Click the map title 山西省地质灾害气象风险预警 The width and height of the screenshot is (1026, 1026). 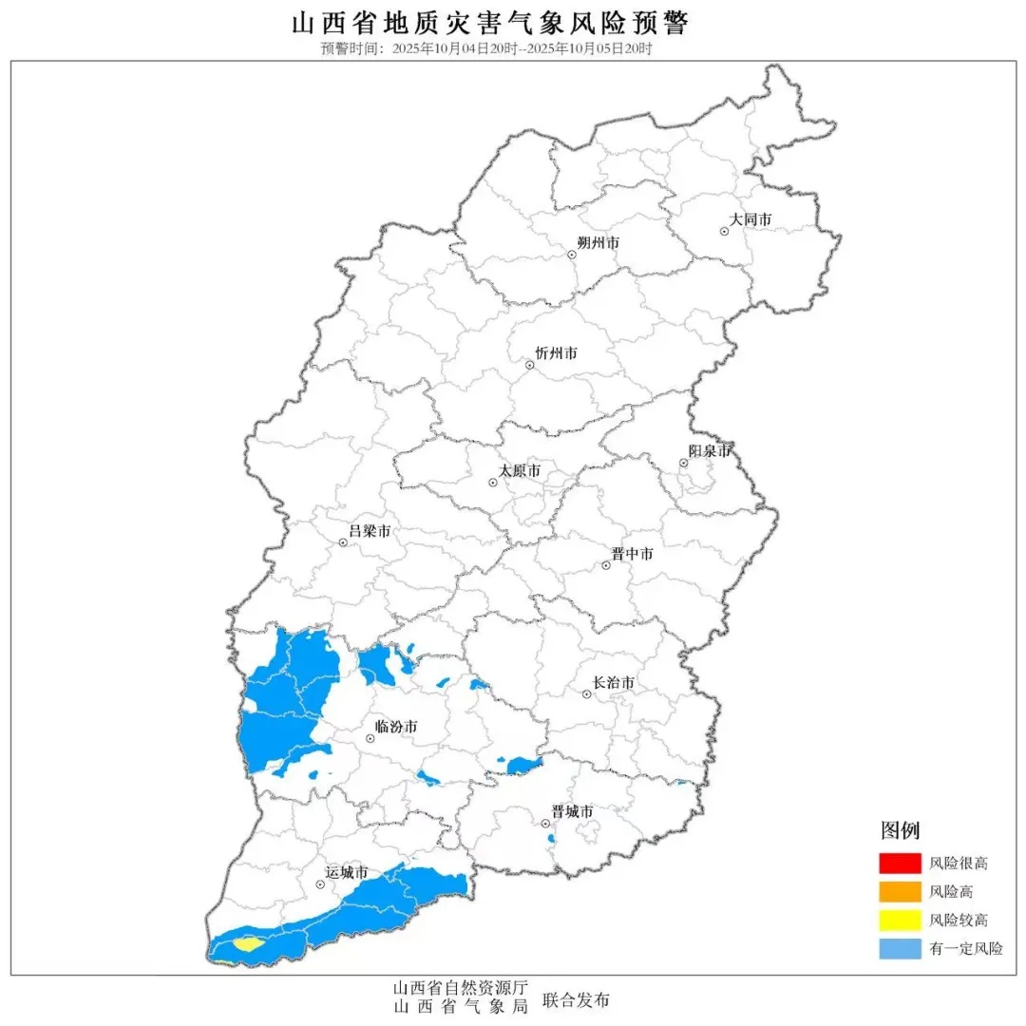[x=490, y=24]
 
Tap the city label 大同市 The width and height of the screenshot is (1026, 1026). [x=750, y=220]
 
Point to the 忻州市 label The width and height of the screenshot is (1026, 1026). [x=557, y=353]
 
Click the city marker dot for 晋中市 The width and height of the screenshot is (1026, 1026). [x=605, y=566]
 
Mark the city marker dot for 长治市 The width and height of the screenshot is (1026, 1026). [x=587, y=694]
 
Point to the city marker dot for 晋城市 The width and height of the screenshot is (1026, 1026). [x=545, y=824]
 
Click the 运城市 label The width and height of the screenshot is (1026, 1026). [x=346, y=873]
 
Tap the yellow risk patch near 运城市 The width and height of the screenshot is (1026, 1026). [x=247, y=944]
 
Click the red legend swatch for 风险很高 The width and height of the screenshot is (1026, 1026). [x=900, y=864]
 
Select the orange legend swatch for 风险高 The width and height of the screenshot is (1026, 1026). [x=900, y=892]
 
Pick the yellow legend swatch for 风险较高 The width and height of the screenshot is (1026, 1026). [x=900, y=920]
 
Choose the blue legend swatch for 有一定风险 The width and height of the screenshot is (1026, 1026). [x=900, y=948]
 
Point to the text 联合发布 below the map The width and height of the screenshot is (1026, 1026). [x=576, y=1000]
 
